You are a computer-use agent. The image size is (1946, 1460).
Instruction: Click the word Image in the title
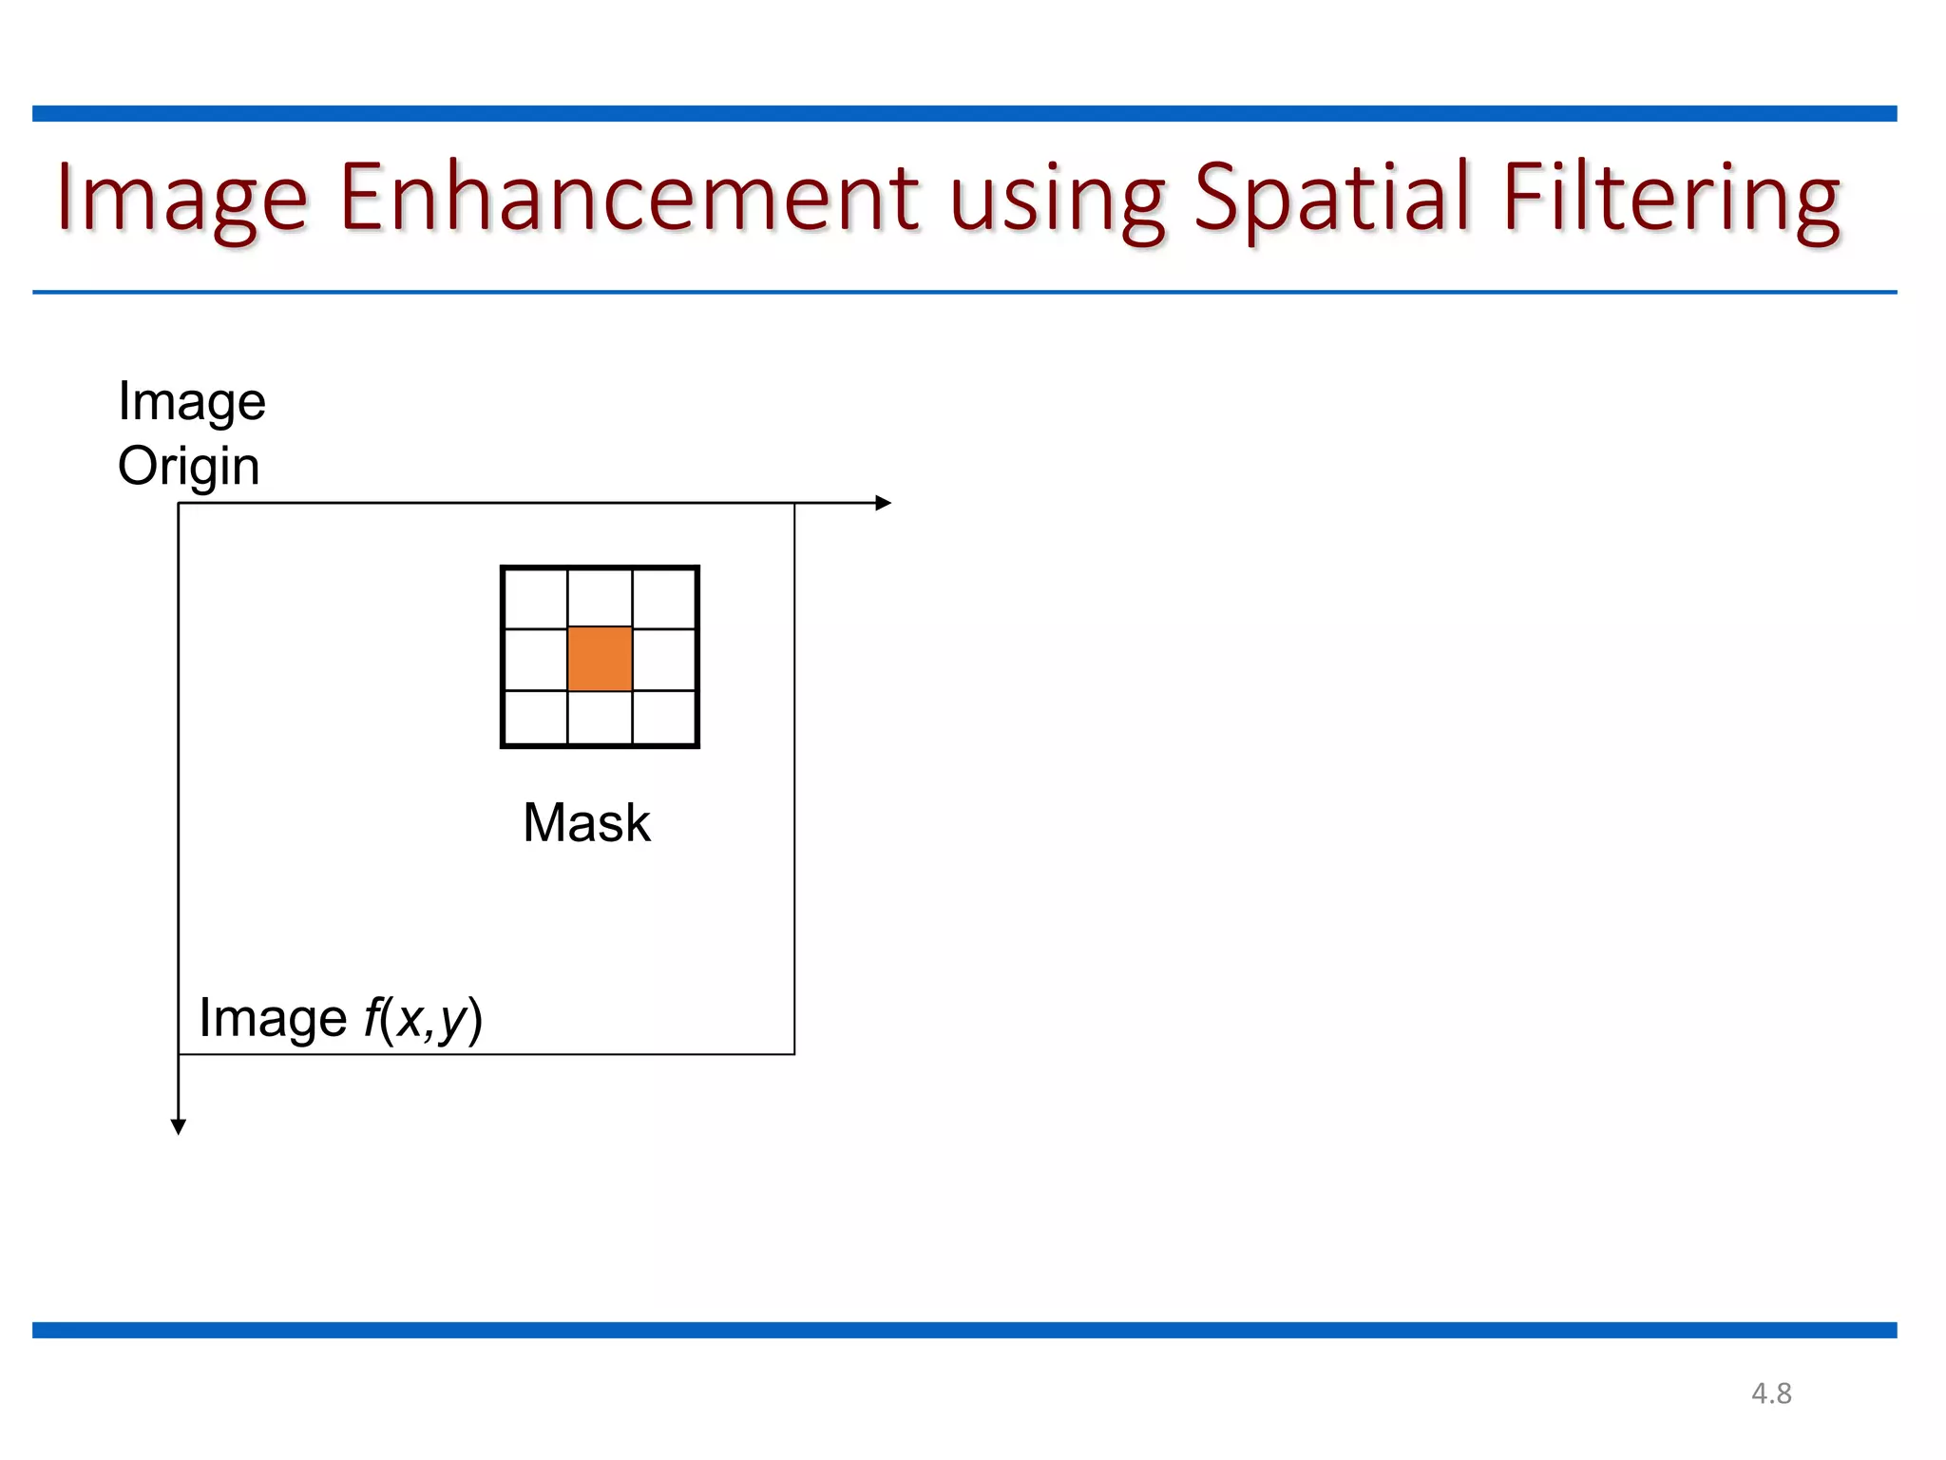(181, 198)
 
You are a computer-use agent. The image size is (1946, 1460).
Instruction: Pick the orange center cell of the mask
(600, 658)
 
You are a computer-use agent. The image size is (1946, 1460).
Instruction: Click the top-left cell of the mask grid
(536, 599)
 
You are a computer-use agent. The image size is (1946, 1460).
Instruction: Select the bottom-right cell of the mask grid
(663, 717)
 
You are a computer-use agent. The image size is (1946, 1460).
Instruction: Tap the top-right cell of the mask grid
(663, 599)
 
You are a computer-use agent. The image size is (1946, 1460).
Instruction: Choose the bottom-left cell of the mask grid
(536, 717)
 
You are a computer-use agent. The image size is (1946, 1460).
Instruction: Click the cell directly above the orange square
(600, 599)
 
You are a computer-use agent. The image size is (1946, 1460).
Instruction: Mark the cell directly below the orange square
(600, 717)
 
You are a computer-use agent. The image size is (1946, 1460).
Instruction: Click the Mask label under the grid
(586, 822)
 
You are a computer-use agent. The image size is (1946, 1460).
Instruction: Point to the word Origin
(188, 467)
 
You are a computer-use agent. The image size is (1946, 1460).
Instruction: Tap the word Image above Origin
(191, 402)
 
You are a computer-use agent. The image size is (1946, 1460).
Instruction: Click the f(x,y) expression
(423, 1019)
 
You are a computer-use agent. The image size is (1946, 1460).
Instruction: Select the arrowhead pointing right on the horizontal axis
(883, 503)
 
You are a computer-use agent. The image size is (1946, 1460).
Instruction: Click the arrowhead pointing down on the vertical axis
(179, 1126)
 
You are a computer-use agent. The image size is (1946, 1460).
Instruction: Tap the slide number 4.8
(1771, 1393)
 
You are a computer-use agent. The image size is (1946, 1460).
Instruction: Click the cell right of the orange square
(663, 658)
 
